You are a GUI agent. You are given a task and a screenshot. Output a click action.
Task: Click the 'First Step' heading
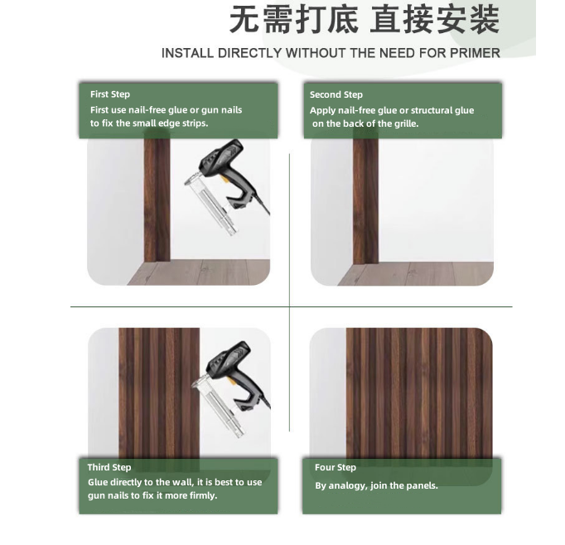110,94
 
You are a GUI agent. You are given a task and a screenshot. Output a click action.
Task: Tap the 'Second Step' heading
336,94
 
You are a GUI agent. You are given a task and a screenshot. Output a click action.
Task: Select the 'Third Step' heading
109,467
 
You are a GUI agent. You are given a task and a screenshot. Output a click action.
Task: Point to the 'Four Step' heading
336,467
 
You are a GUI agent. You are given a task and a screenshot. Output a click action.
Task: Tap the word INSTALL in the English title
187,53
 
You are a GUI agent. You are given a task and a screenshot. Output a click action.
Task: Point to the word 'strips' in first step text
196,123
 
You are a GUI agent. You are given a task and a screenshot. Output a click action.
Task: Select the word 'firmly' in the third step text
204,495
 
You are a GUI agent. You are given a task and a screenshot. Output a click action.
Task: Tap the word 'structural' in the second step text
432,110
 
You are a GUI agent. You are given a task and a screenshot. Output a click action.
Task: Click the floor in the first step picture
198,272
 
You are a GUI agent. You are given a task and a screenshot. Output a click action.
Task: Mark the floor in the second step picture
415,273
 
